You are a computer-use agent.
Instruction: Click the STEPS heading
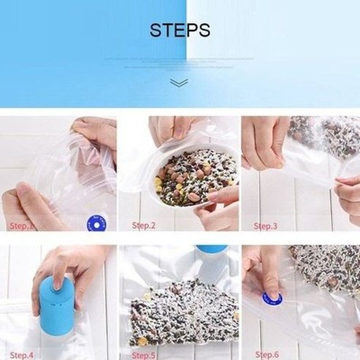click(180, 31)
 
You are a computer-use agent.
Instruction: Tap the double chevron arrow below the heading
click(180, 83)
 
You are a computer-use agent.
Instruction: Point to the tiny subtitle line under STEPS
click(180, 58)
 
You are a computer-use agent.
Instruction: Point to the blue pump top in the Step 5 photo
click(210, 249)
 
